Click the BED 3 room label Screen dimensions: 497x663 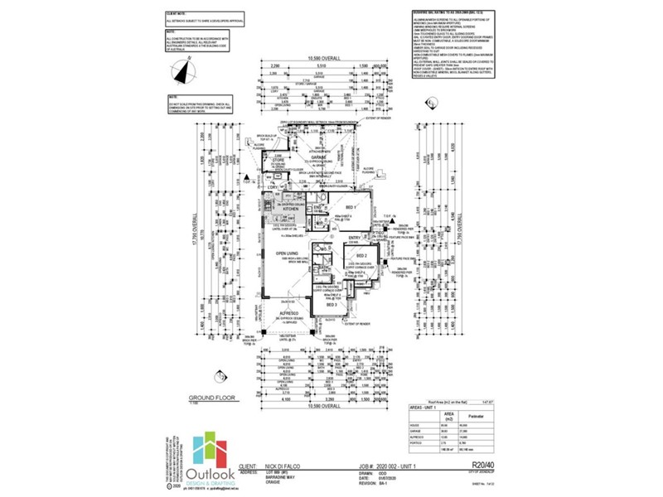tap(330, 306)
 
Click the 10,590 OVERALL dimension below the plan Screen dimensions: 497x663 tap(312, 408)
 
